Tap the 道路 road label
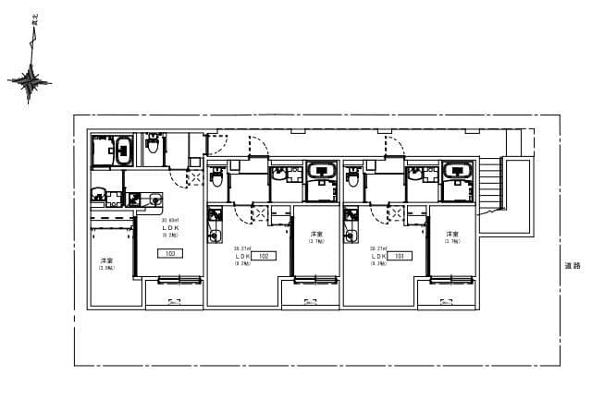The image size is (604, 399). [x=573, y=266]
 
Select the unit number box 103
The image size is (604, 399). [x=170, y=252]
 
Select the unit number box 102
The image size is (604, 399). [x=264, y=256]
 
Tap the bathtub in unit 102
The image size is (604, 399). [x=321, y=172]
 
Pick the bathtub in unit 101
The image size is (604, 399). [x=457, y=172]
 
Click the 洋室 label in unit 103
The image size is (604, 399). [x=107, y=262]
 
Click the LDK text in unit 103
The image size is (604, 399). [x=170, y=228]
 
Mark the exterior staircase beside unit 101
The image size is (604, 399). [x=487, y=190]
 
